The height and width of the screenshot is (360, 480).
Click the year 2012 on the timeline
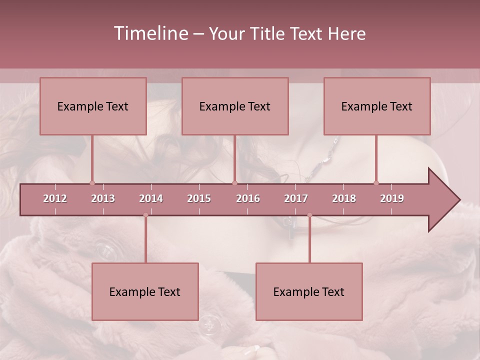55,199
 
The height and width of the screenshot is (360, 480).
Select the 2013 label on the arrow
103,199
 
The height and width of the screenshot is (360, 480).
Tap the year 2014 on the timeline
151,199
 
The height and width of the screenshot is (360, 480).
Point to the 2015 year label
199,199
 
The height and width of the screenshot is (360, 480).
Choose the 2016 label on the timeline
248,199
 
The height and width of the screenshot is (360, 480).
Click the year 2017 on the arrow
296,199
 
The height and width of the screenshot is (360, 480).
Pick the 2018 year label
344,199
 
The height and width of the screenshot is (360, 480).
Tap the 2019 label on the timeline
392,199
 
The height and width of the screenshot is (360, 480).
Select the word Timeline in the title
150,33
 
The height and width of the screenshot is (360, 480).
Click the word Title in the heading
270,34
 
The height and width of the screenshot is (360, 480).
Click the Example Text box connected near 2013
93,106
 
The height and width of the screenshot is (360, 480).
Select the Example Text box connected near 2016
235,106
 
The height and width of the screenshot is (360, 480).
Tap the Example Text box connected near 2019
377,106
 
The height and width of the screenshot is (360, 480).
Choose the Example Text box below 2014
145,292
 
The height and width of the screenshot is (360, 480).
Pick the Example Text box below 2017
309,292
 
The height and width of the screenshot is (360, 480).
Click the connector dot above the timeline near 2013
92,183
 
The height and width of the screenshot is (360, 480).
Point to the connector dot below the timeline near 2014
145,215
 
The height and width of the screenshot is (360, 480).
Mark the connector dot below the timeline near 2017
309,215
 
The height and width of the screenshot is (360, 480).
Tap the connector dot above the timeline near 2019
376,183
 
